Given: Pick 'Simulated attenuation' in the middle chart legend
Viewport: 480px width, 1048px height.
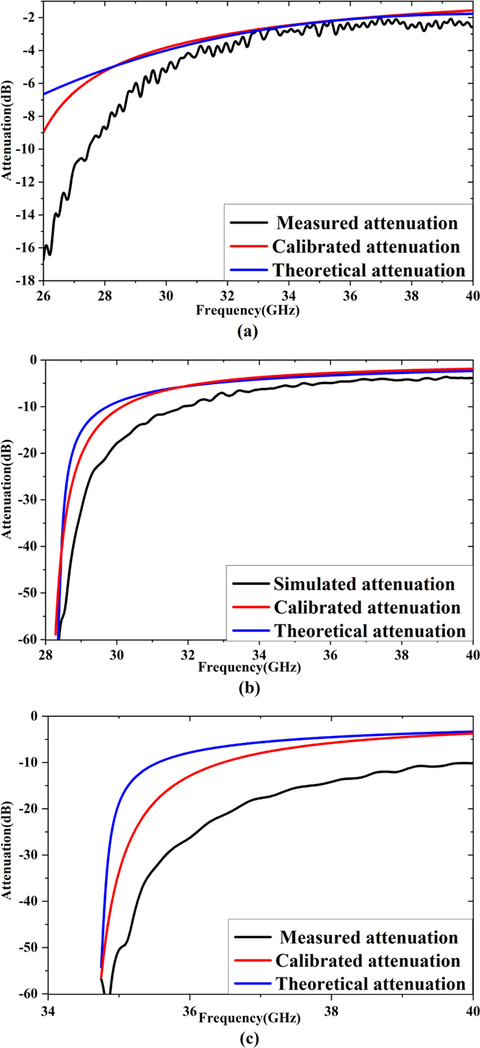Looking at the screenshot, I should coord(363,584).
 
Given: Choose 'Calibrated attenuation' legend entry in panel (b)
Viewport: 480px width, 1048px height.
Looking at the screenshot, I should coord(366,608).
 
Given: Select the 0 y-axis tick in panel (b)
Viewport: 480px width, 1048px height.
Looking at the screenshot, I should coord(34,359).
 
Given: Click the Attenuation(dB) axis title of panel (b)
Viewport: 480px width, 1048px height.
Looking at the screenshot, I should coord(10,499).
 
